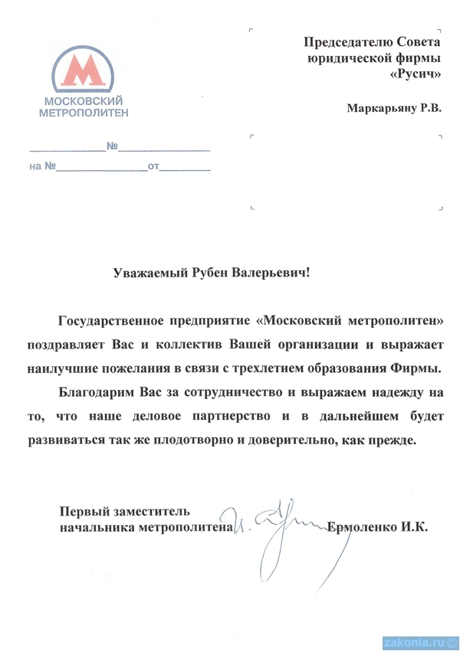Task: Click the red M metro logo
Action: pos(84,71)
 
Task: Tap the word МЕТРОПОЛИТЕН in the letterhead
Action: pos(84,112)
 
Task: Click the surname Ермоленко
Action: pos(363,527)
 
